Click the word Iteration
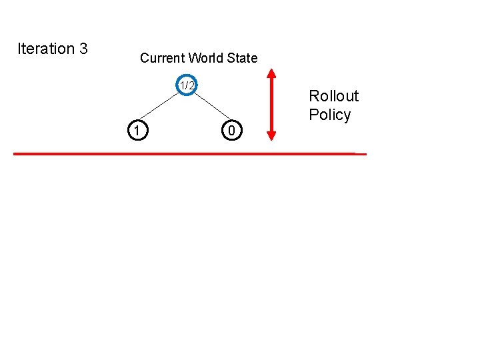coord(46,49)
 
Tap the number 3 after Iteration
coord(83,49)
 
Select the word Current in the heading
coord(162,58)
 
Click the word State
coord(242,58)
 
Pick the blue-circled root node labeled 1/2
coord(187,85)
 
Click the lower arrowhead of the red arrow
coord(271,135)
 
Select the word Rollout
coord(333,96)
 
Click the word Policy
coord(329,115)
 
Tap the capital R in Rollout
coord(313,96)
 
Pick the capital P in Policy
coord(313,115)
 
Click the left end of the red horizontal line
coord(15,153)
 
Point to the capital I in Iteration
coord(19,49)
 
